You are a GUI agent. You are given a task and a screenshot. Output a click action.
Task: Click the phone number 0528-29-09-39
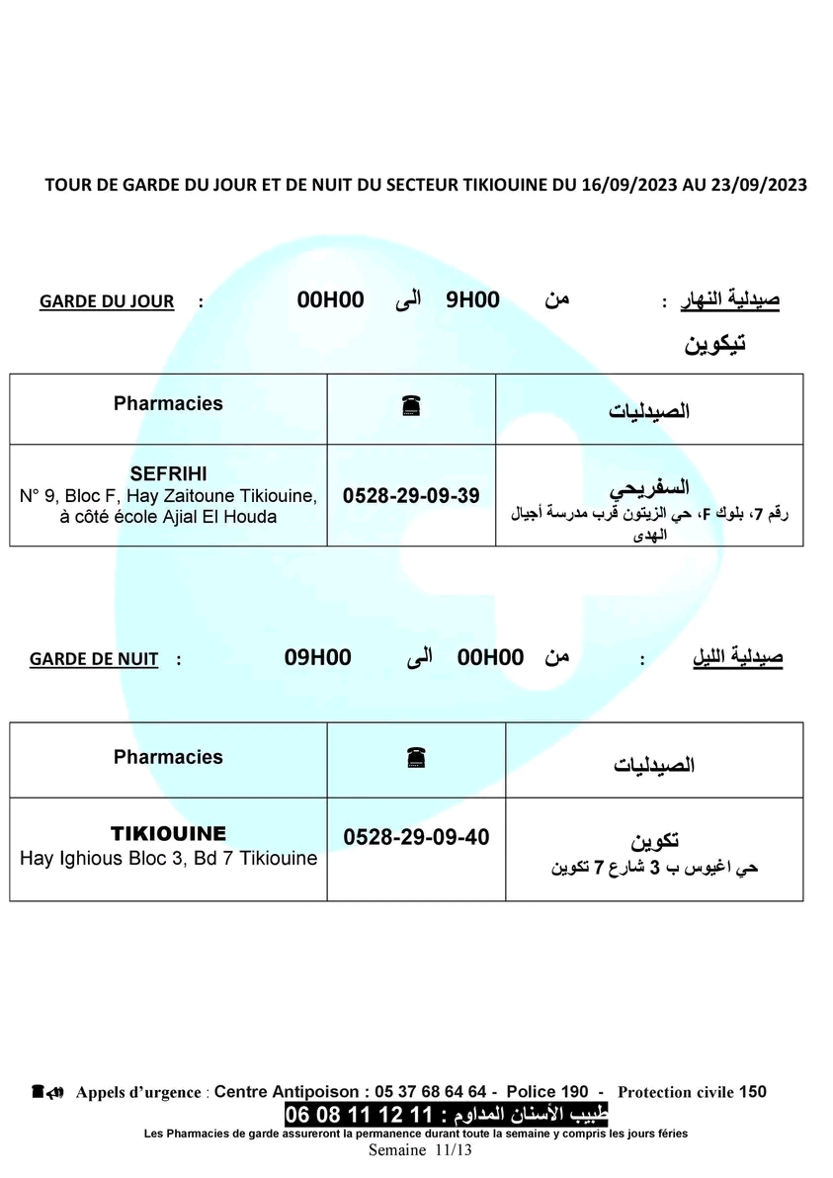click(x=410, y=496)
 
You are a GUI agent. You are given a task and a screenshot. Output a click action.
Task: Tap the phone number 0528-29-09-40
click(x=416, y=837)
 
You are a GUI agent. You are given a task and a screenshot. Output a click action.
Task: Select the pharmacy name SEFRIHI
click(x=168, y=473)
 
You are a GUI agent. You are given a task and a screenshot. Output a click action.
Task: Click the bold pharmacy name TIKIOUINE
click(x=168, y=833)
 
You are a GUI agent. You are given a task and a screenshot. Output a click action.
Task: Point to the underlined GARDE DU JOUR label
click(x=107, y=301)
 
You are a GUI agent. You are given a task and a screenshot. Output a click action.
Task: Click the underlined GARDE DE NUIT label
click(x=94, y=659)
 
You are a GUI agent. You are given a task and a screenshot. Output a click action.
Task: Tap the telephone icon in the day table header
click(x=411, y=405)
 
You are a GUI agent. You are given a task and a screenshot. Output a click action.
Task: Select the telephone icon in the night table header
click(x=415, y=759)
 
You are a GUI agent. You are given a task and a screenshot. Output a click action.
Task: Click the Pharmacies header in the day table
click(x=168, y=403)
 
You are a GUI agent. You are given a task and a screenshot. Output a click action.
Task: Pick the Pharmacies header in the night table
click(x=168, y=757)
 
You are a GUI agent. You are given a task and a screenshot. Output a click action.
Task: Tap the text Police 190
click(x=547, y=1092)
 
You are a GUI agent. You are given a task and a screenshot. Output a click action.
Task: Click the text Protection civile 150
click(x=692, y=1092)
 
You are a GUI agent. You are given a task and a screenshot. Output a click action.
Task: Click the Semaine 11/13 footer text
click(x=420, y=1150)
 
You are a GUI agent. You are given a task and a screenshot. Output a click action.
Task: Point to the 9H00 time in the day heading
click(x=472, y=300)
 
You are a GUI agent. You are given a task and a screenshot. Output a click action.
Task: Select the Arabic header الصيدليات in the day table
click(x=648, y=410)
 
